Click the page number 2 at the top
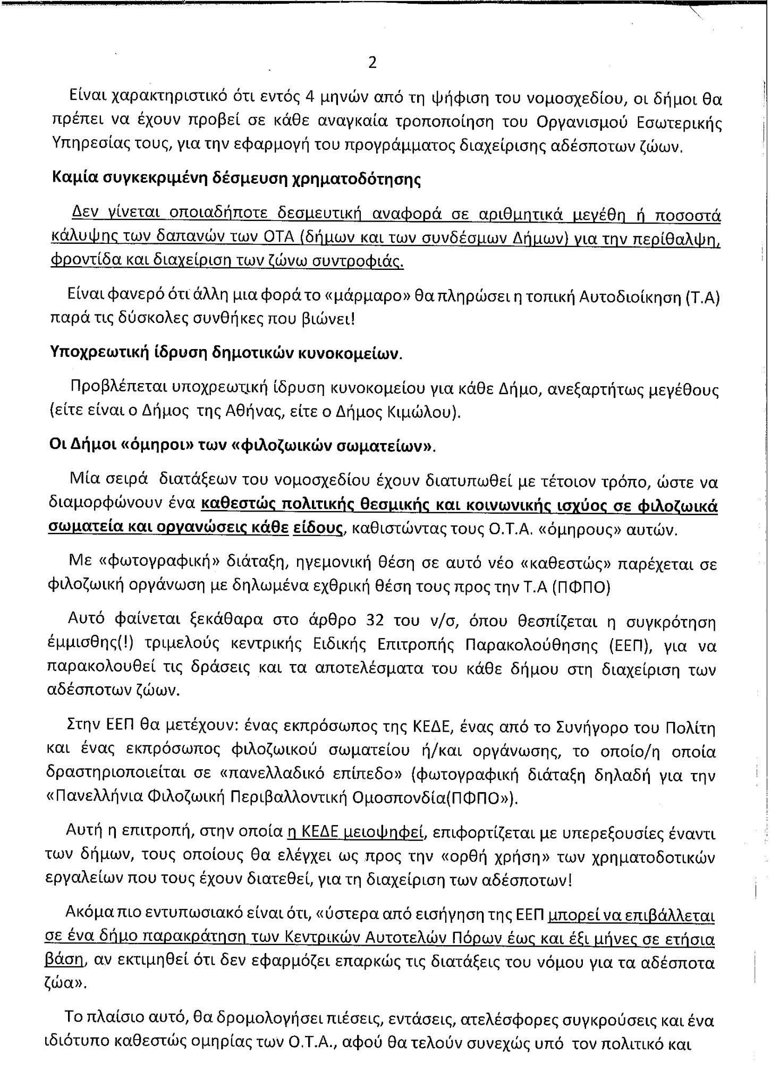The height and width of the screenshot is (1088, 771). point(372,63)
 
